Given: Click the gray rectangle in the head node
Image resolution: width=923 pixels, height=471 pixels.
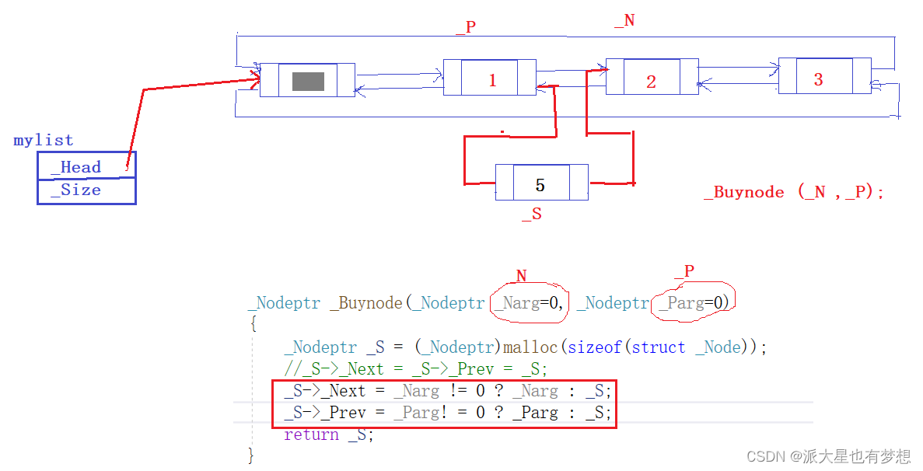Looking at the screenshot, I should point(308,81).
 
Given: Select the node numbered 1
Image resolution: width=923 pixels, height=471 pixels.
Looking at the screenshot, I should point(491,79).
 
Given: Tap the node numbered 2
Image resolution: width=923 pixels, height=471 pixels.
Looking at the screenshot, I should point(651,81).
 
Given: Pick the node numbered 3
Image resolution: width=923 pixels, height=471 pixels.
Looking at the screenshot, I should point(818,78).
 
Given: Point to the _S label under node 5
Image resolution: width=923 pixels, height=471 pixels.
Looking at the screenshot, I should point(532,215).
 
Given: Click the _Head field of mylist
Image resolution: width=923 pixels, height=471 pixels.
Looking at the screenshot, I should point(82,167).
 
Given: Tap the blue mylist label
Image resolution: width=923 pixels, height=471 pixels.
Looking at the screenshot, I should point(44,141).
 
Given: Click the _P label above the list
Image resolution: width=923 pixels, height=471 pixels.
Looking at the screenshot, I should point(466,27).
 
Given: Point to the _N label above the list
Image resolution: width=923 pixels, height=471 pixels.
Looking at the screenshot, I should point(624,21).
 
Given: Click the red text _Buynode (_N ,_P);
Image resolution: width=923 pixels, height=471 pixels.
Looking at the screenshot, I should point(793,193).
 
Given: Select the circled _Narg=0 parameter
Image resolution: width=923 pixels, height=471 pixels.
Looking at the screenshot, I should point(530,303).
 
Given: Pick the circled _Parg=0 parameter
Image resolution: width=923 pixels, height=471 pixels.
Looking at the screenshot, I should point(693,303).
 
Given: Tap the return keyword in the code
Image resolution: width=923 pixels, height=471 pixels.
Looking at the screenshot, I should point(311,434).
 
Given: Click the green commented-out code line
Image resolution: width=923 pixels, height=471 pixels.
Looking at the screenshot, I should point(416,368).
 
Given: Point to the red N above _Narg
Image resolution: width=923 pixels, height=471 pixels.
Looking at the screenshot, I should point(521,275).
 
